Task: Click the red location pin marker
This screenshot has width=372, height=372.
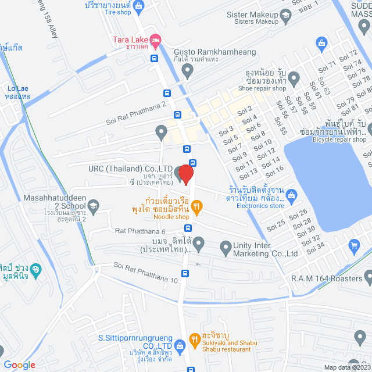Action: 185,174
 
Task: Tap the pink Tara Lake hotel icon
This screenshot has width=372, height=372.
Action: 155,40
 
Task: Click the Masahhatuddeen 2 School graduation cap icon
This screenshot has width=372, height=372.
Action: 94,204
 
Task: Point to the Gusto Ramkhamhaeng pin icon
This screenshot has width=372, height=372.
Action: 187,71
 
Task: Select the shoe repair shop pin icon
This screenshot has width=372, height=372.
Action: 294,77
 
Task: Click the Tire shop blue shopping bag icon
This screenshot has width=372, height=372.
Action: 138,6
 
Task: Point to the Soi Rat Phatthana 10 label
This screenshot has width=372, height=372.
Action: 146,273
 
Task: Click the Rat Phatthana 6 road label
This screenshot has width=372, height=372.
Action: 140,231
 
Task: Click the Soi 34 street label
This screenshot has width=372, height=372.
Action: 315,246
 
